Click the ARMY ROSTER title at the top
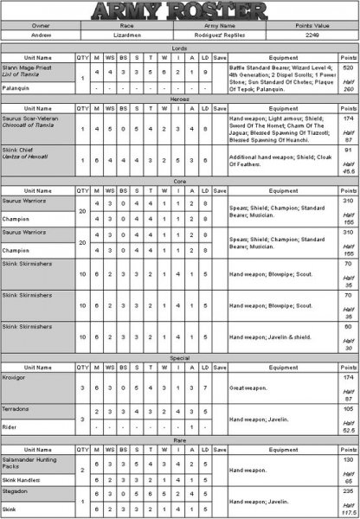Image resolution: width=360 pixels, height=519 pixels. tap(179, 11)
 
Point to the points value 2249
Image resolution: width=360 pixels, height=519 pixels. tap(312, 36)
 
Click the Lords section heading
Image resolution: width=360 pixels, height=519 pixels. tap(179, 48)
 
